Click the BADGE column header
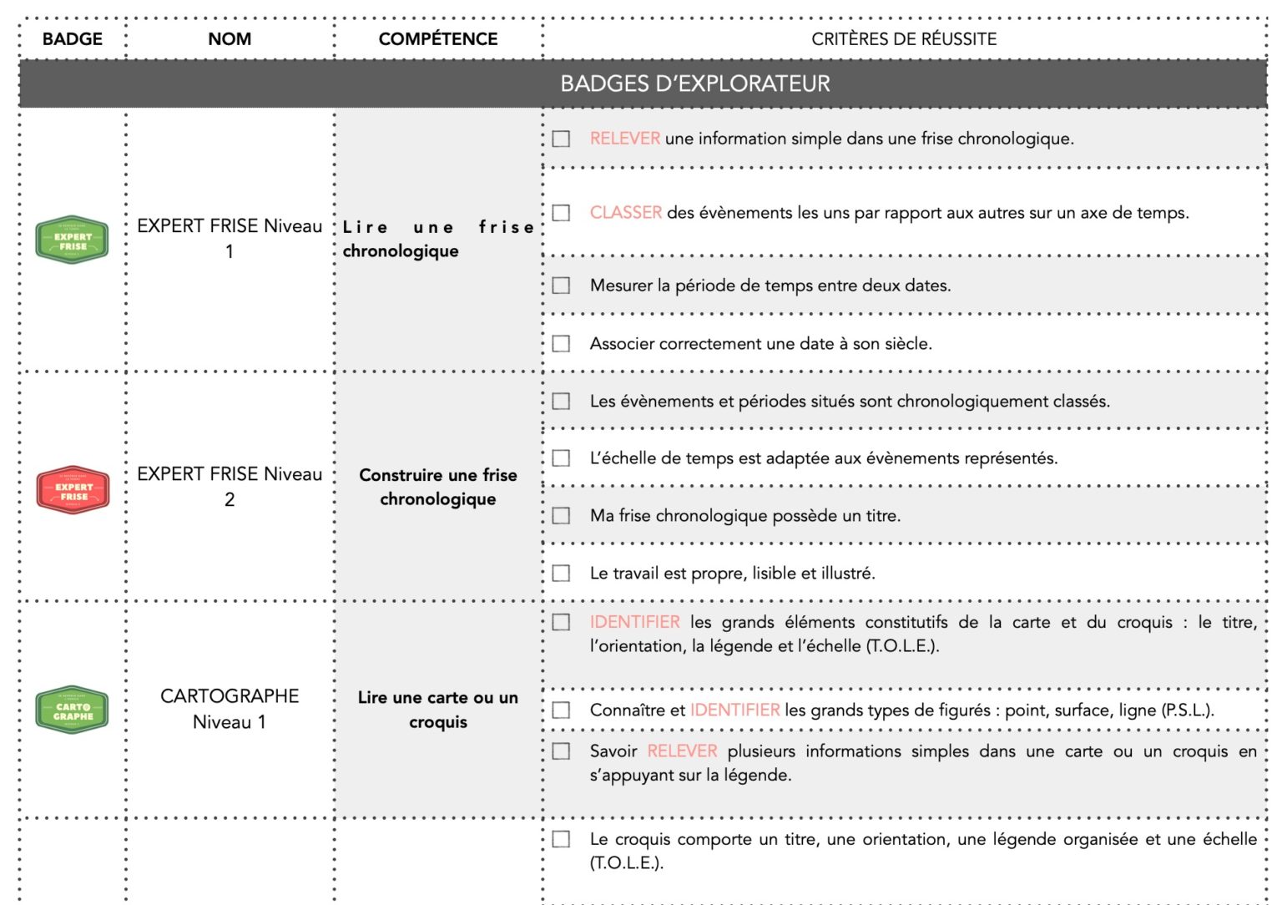click(73, 39)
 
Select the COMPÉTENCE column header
click(437, 39)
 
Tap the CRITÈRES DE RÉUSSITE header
click(904, 39)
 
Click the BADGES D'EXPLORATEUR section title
click(694, 84)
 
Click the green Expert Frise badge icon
click(72, 240)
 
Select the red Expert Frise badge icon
click(73, 490)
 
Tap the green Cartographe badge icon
click(72, 710)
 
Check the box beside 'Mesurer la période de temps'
click(562, 286)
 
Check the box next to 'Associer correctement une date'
click(562, 344)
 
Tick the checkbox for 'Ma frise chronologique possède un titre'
click(562, 516)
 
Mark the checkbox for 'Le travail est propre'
click(562, 574)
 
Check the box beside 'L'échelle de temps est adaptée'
click(562, 458)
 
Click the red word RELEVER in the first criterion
click(624, 139)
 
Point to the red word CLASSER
click(625, 213)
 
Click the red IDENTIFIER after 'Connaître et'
click(734, 710)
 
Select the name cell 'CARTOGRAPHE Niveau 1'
click(230, 709)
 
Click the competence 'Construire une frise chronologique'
click(437, 487)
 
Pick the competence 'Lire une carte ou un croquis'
click(437, 710)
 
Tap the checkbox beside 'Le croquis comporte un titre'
click(562, 839)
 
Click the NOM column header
click(230, 39)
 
